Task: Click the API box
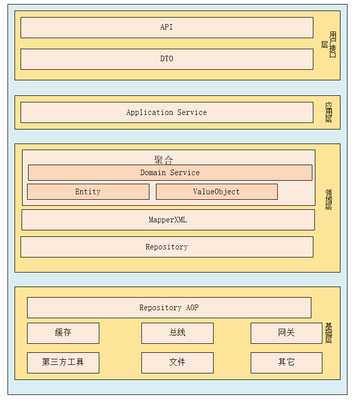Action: pos(166,28)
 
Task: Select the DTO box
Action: pos(166,59)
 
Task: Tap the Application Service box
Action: pos(166,112)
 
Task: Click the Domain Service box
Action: pos(169,173)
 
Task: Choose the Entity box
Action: pos(88,192)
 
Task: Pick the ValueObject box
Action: pos(216,192)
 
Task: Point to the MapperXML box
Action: pos(167,220)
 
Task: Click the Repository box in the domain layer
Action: pos(166,247)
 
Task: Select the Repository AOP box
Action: pos(168,308)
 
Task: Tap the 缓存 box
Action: pos(63,333)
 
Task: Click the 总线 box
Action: pos(177,333)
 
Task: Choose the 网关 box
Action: pos(286,333)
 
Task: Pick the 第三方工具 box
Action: pos(63,362)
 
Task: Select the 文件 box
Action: pos(177,362)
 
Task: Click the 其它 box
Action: pos(286,362)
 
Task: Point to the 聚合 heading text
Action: pos(163,160)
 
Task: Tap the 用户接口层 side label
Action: pos(329,45)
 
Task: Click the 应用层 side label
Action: pos(328,112)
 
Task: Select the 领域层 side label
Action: pos(328,199)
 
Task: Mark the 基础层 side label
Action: pos(328,333)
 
